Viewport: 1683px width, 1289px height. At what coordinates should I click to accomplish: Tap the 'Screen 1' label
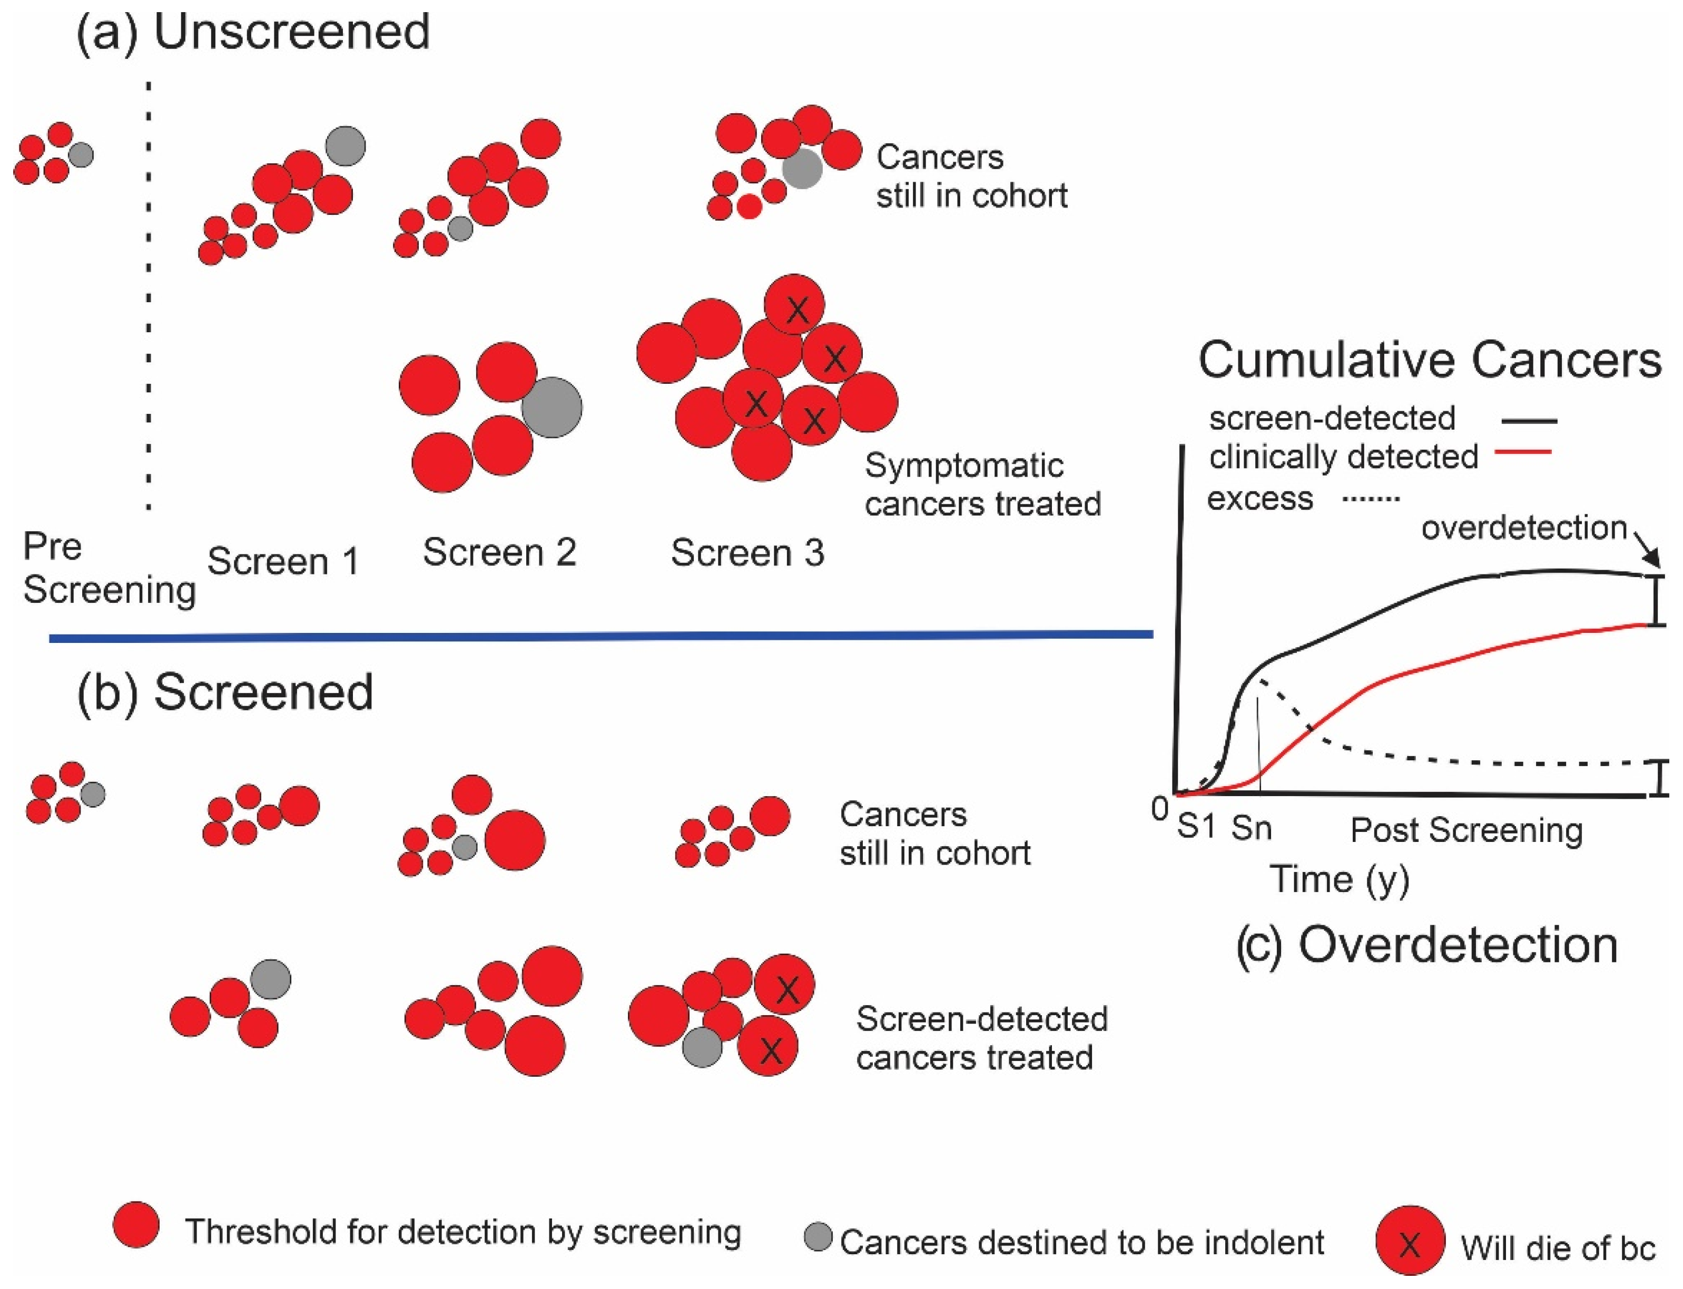283,562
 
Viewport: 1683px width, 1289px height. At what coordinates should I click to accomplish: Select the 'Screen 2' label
499,552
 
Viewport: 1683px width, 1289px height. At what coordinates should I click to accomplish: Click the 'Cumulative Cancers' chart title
1430,361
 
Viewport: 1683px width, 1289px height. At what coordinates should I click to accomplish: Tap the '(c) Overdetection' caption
1426,945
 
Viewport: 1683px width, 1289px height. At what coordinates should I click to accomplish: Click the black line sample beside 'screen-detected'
1529,421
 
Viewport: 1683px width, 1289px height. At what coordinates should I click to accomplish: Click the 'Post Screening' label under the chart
1466,830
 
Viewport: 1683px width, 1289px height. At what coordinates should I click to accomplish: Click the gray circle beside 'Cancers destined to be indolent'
818,1237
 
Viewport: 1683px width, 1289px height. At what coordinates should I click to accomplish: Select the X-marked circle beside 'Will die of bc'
1410,1242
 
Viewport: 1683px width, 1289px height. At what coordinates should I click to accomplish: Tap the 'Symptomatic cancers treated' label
982,485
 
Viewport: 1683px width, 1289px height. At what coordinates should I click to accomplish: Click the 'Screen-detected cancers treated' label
981,1039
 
